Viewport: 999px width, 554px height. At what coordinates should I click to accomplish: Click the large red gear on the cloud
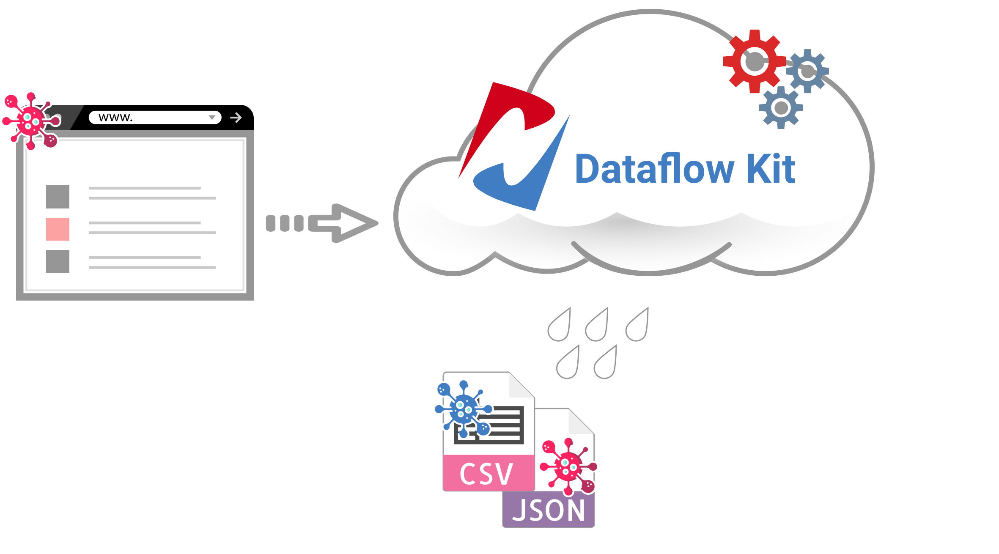(754, 61)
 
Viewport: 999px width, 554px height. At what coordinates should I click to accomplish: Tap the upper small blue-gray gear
(807, 71)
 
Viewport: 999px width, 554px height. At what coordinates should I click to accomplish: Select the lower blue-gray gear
(781, 108)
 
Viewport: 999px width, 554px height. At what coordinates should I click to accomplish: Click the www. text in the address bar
(115, 117)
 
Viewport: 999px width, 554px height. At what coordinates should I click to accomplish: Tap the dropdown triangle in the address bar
(212, 118)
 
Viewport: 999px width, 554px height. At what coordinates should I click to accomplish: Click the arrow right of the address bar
(236, 117)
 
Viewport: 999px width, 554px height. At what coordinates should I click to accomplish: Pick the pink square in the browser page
(58, 229)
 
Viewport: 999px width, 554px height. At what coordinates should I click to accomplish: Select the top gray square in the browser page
(58, 197)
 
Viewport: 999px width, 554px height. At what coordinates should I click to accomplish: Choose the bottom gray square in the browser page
(58, 261)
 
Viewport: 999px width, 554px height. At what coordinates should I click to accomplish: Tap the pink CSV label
(486, 474)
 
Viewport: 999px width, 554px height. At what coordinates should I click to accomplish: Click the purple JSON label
(549, 510)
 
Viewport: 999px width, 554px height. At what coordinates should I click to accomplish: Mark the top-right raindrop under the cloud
(638, 326)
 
